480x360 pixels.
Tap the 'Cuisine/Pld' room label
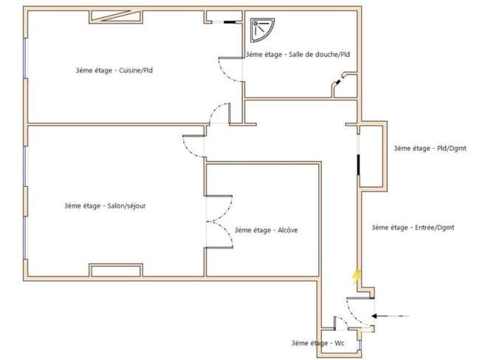[114, 70]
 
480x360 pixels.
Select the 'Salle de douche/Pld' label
[298, 55]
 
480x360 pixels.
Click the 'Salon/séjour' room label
[105, 206]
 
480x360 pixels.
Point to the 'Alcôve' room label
[266, 230]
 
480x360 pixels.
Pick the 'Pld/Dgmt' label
[430, 149]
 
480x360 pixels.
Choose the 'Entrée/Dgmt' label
[413, 228]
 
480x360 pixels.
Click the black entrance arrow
[391, 316]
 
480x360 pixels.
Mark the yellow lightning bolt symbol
[357, 276]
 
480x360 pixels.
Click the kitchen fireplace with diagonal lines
[116, 16]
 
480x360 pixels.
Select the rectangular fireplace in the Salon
[116, 270]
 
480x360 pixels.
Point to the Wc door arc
[342, 321]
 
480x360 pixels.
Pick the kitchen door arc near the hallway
[215, 109]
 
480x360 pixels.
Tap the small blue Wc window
[360, 346]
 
